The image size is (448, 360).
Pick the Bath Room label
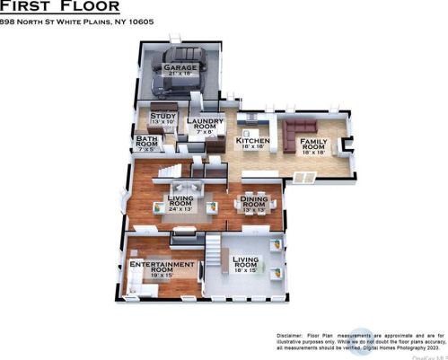coord(147,142)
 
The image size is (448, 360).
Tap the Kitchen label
coord(252,143)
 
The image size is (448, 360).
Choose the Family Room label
coord(314,146)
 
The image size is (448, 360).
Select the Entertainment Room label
coord(162,267)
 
